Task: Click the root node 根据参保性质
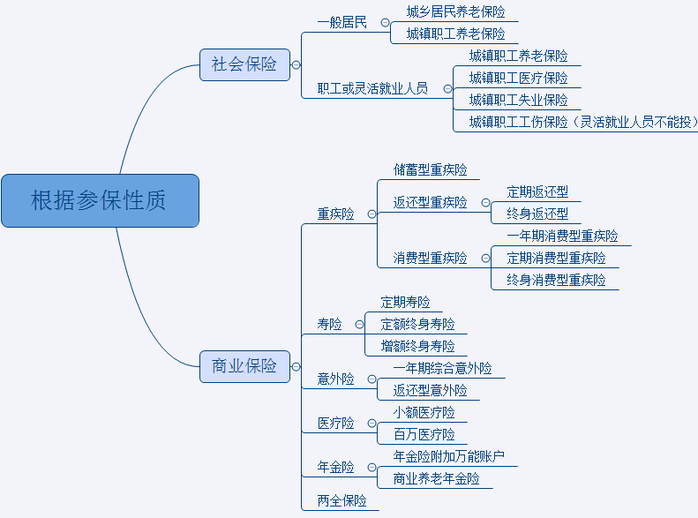coord(99,200)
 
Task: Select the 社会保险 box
coord(244,64)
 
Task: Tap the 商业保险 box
coord(244,365)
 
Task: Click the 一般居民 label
coord(341,22)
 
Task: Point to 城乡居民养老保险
coord(455,11)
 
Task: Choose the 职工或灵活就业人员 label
coord(372,88)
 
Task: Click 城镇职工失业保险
coord(518,100)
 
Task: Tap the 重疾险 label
coord(335,214)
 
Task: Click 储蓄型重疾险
coord(430,169)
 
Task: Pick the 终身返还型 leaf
coord(537,214)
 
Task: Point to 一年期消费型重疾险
coord(562,236)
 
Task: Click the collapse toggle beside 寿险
coord(359,325)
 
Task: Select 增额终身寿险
coord(417,346)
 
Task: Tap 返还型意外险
coord(430,390)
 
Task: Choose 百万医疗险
coord(424,434)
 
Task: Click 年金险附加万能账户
coord(448,456)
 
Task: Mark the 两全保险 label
coord(341,500)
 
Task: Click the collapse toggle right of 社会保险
coord(296,64)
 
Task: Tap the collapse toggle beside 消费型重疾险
coord(485,259)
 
